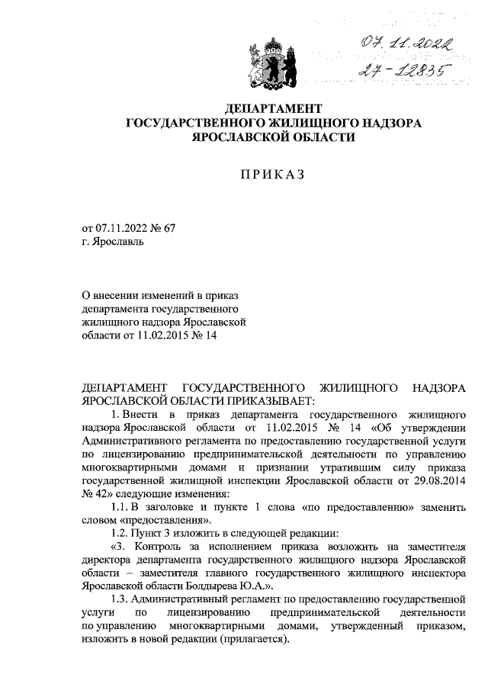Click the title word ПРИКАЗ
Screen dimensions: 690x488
[272, 175]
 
